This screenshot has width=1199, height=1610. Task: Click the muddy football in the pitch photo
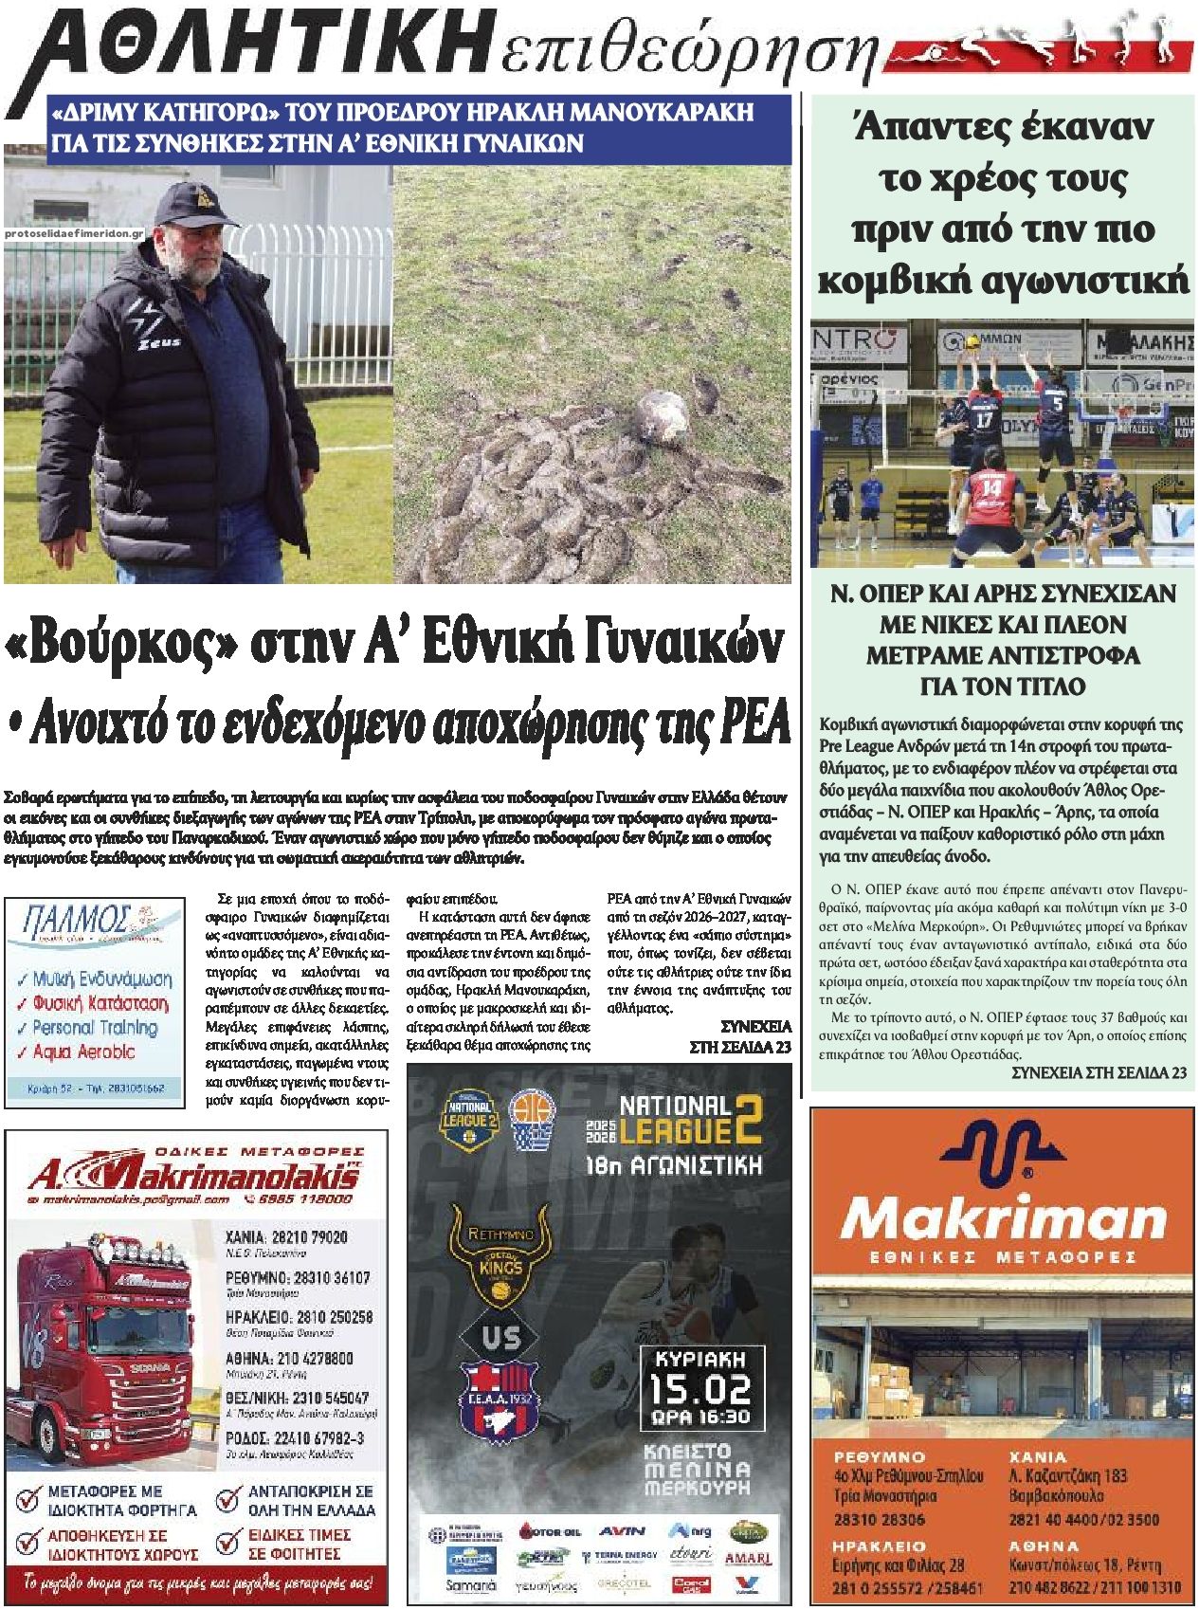point(660,419)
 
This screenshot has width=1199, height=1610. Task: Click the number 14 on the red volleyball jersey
point(991,487)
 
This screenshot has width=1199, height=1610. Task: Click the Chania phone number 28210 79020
point(287,1236)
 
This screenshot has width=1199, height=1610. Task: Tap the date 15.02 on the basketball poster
point(699,1390)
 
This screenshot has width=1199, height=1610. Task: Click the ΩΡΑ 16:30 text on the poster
point(699,1418)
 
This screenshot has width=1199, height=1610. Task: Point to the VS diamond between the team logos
point(500,1337)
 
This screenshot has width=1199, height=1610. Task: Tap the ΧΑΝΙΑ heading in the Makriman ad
point(1039,1455)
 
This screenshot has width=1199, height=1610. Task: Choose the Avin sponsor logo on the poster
point(622,1530)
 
